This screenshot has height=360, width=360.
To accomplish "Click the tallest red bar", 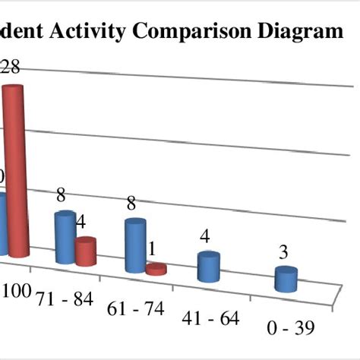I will pyautogui.click(x=17, y=171).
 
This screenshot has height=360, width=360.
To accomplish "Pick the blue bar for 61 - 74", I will pyautogui.click(x=135, y=245).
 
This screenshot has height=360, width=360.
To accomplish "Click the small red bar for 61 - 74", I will pyautogui.click(x=156, y=269).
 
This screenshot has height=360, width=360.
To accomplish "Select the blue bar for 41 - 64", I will pyautogui.click(x=207, y=268).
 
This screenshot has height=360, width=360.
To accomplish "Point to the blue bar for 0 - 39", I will pyautogui.click(x=286, y=279).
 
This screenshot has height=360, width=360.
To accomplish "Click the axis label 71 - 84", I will pyautogui.click(x=64, y=298).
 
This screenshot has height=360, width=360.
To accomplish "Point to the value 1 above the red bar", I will pyautogui.click(x=153, y=248).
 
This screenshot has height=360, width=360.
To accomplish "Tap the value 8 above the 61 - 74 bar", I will pyautogui.click(x=131, y=203).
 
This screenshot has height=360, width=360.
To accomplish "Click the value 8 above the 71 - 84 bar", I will pyautogui.click(x=62, y=196).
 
